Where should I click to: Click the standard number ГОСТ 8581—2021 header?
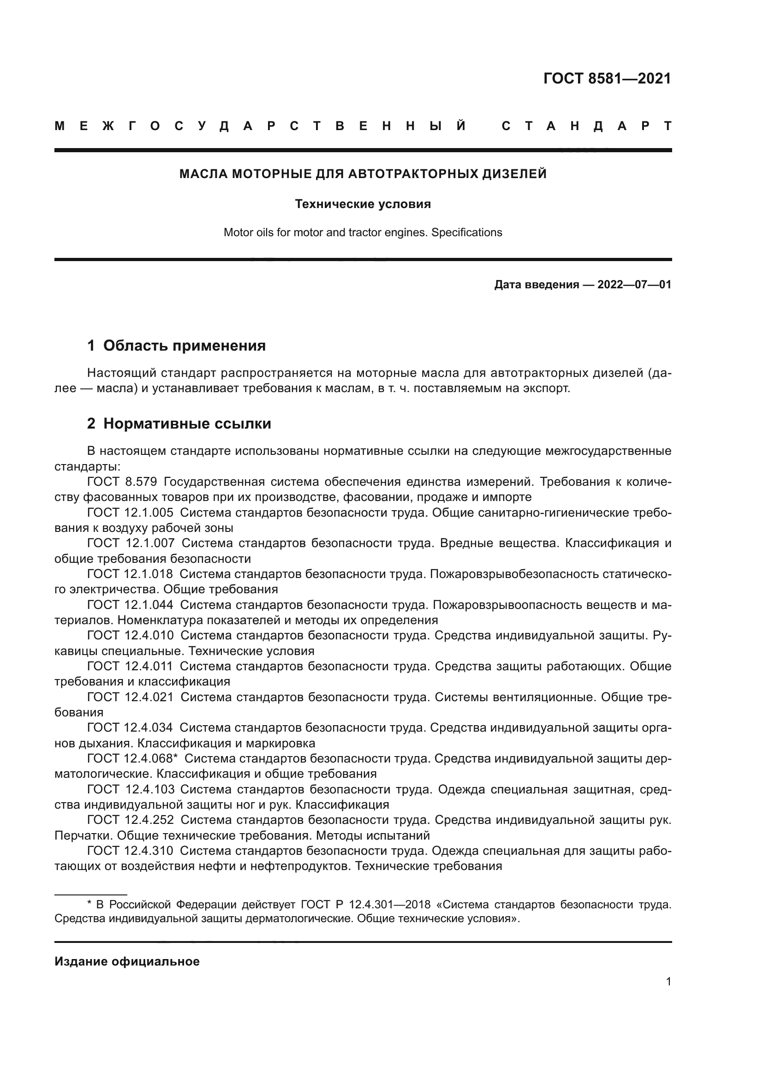coord(607,78)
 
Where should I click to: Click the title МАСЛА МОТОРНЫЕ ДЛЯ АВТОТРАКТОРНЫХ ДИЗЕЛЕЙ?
coord(363,174)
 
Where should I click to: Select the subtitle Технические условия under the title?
coord(363,204)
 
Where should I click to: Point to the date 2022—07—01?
coord(634,285)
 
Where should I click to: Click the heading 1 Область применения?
coord(176,346)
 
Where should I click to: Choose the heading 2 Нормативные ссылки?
coord(179,424)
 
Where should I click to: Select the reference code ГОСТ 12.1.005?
coord(130,513)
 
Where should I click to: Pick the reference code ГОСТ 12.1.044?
coord(130,605)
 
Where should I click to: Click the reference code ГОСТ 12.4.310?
coord(130,851)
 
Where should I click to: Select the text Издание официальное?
coord(127,961)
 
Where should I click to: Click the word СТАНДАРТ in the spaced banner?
coord(586,126)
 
